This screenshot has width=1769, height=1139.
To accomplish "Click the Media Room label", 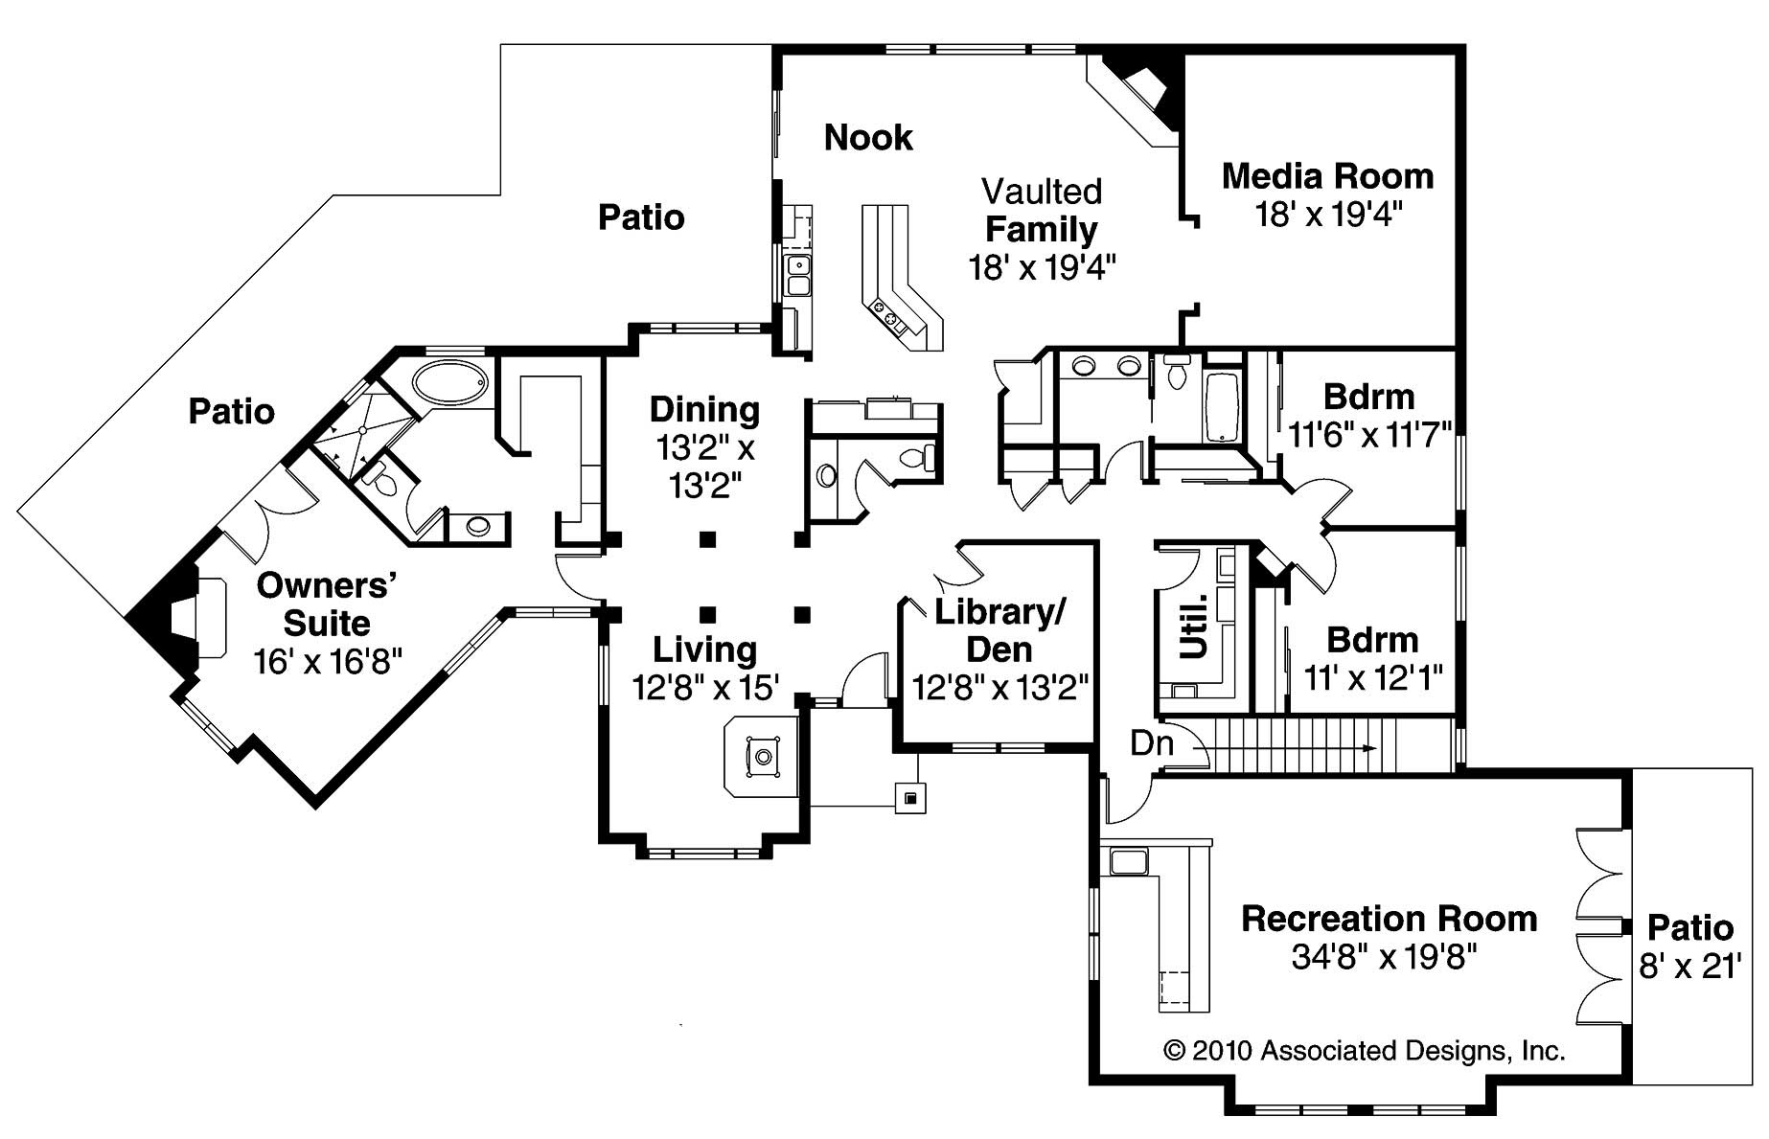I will pos(1327,176).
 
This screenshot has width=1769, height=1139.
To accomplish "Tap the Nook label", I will pos(868,138).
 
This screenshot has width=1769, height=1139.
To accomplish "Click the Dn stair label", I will pos(1152,742).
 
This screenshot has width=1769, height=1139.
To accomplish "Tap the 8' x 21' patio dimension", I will pos(1689,967).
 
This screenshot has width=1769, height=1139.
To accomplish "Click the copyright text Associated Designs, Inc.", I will pos(1364,1051).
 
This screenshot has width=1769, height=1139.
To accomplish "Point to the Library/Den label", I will pos(999,630).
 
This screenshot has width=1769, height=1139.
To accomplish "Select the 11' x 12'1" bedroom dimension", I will pos(1372,678).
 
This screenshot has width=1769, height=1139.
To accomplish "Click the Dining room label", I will pos(704,409).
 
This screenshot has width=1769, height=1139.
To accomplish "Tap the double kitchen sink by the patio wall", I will pos(797,274).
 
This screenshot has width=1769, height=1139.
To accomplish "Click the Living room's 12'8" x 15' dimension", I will pos(704,688).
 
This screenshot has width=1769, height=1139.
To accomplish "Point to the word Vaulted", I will pos(1041,192).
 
